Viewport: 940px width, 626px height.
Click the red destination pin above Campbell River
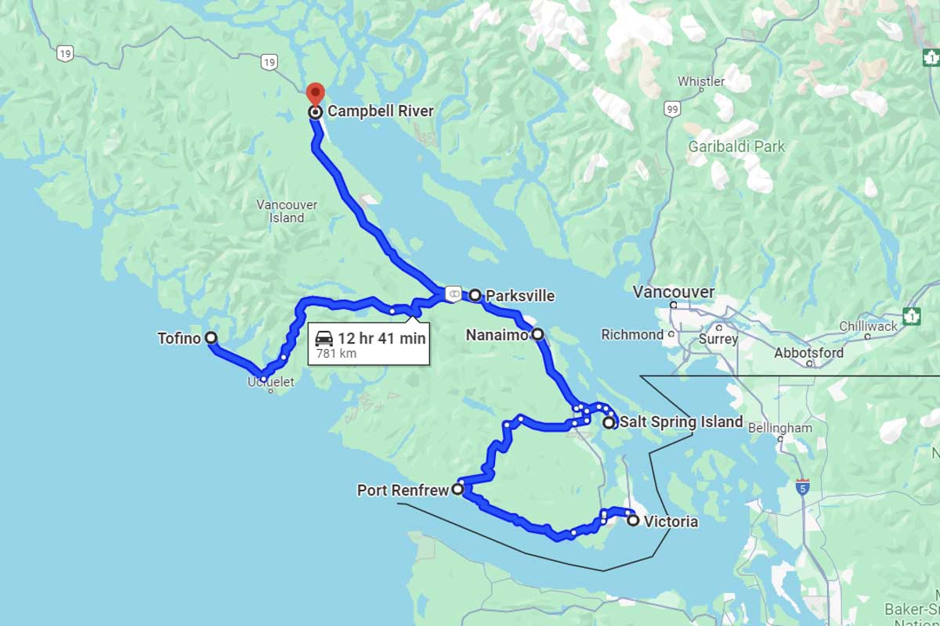coord(315,93)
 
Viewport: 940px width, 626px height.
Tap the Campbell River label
coord(380,111)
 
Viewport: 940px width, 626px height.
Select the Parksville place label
coord(520,296)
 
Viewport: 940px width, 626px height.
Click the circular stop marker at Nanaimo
coord(537,334)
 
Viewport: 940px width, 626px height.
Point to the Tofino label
coord(179,338)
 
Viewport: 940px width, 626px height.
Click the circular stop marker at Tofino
coord(211,338)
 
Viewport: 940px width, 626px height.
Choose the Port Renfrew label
coord(403,491)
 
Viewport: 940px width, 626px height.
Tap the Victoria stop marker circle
coord(633,520)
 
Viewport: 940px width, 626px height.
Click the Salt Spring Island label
coord(681,422)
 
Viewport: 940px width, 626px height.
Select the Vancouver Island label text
coord(287,211)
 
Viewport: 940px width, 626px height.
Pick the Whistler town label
coord(700,81)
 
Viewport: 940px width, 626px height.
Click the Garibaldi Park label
coord(736,146)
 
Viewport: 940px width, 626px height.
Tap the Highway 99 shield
coord(671,110)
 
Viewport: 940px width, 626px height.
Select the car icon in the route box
coord(324,338)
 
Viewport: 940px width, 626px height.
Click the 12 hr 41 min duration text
coord(381,338)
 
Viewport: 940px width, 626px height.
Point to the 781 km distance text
coord(336,354)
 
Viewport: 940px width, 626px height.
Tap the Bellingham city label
coord(779,428)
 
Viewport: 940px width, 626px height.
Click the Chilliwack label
coord(868,326)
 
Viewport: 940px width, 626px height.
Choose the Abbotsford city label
coord(808,353)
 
